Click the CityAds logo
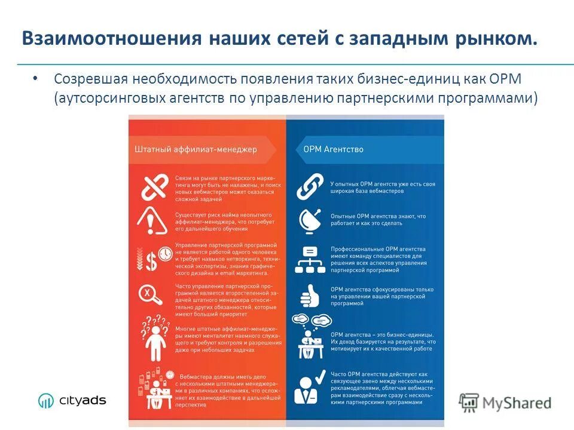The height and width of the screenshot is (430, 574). pyautogui.click(x=72, y=400)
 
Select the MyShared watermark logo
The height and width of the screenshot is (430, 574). pyautogui.click(x=505, y=402)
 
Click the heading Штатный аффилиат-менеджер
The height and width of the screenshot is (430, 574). pyautogui.click(x=192, y=149)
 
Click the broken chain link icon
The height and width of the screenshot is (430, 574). pyautogui.click(x=154, y=187)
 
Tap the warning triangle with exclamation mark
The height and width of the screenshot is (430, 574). pyautogui.click(x=153, y=221)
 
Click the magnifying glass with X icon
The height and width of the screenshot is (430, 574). pyautogui.click(x=150, y=295)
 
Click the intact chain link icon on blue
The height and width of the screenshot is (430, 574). pyautogui.click(x=310, y=187)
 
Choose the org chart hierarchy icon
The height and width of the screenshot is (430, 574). pyautogui.click(x=310, y=259)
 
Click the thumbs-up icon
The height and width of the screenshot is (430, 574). pyautogui.click(x=309, y=295)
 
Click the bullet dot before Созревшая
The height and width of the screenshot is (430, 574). pyautogui.click(x=35, y=79)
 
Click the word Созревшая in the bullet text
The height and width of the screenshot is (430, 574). pyautogui.click(x=90, y=79)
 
